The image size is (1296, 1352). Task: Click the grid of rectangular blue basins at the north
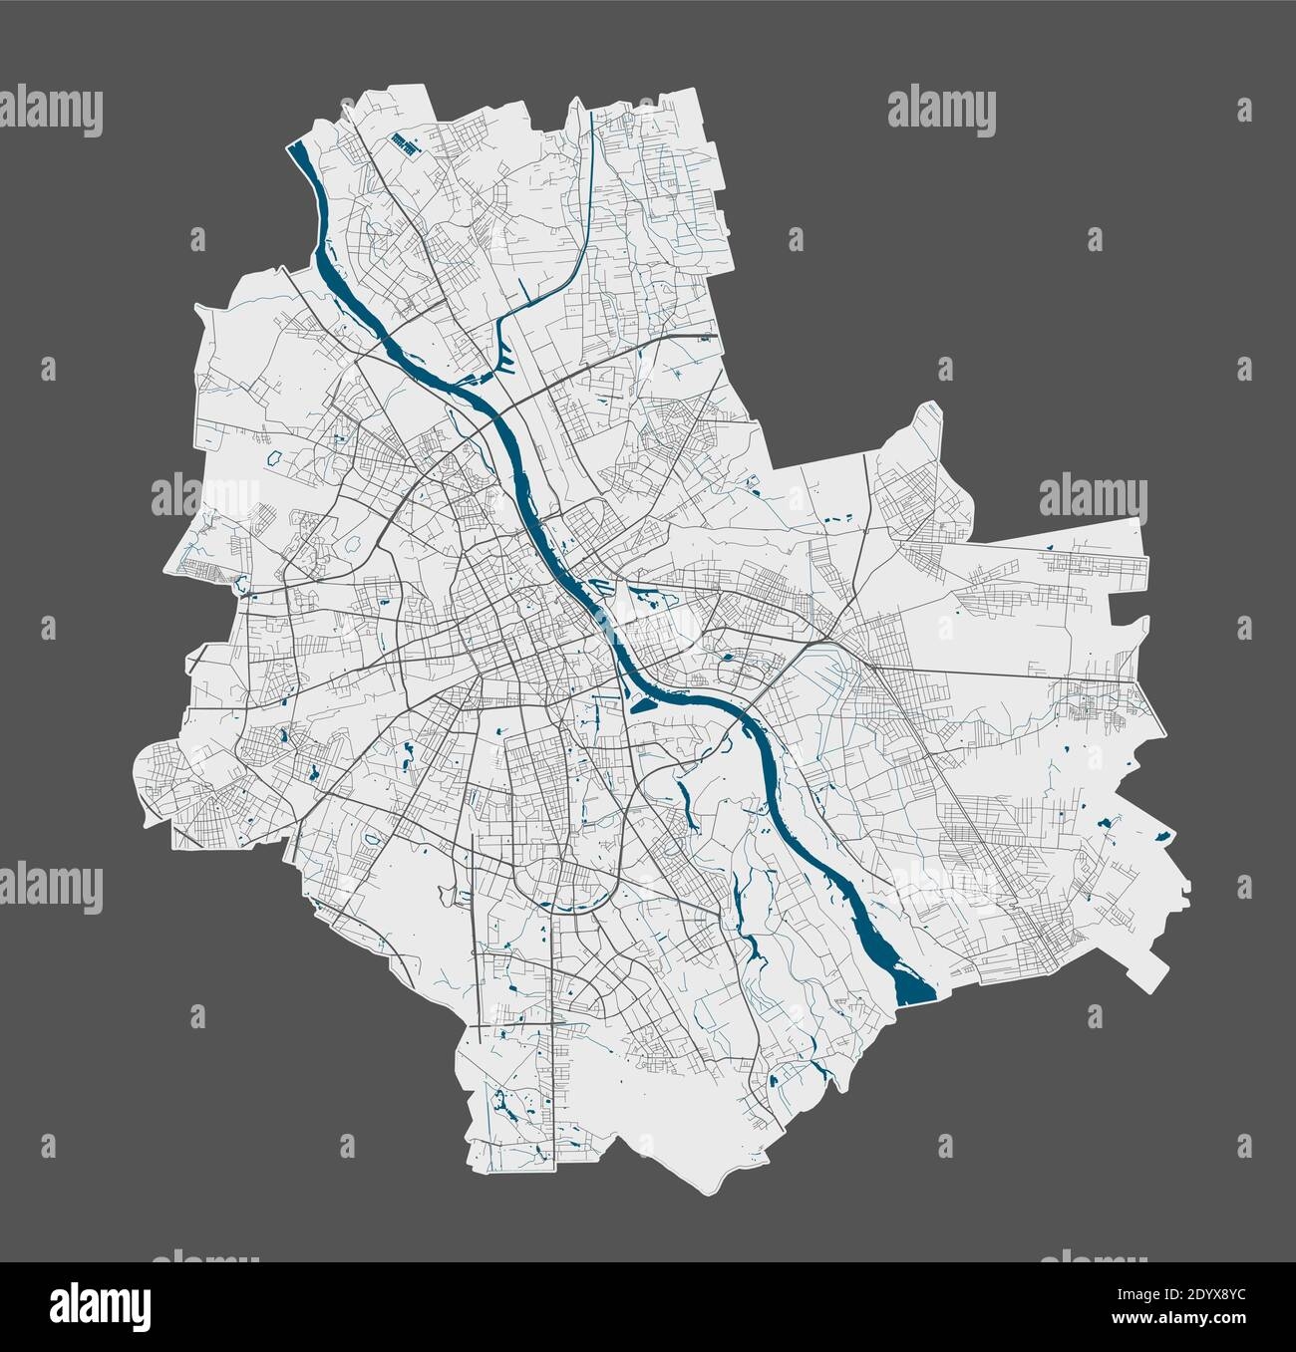[x=403, y=142]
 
